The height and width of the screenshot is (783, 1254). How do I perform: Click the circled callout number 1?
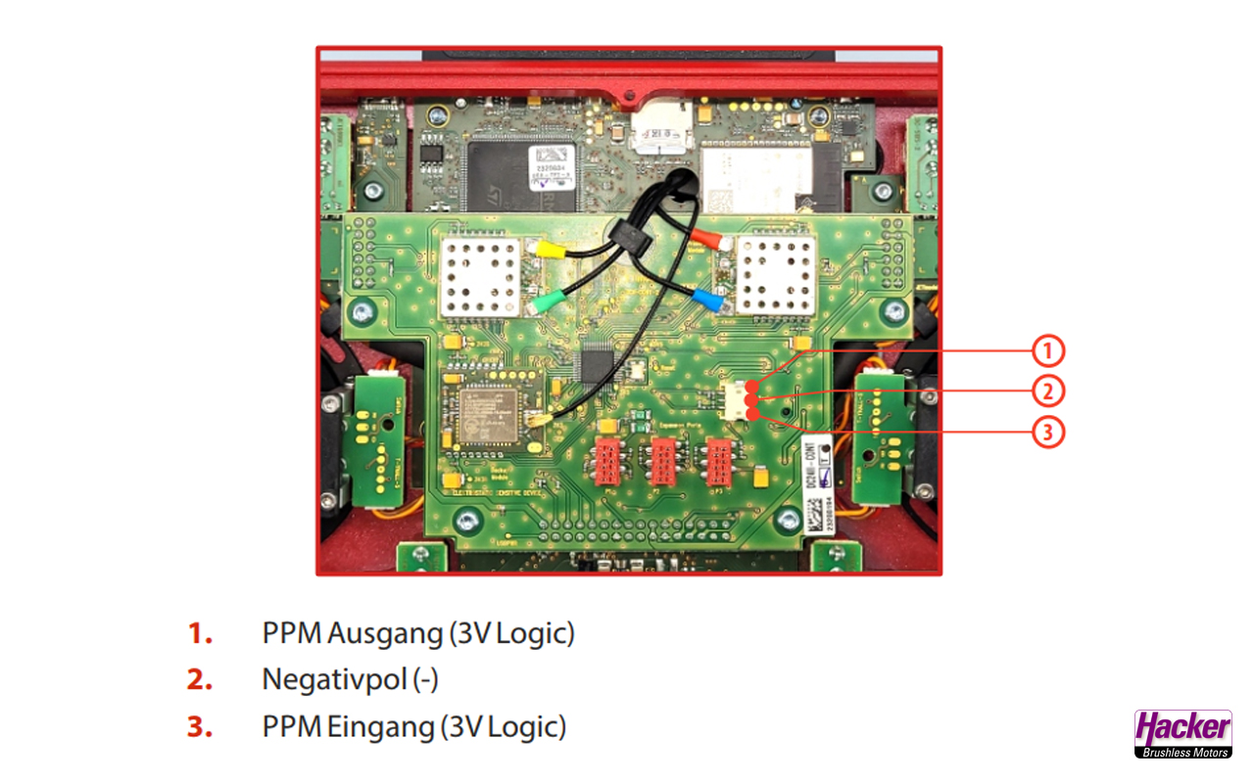point(1047,349)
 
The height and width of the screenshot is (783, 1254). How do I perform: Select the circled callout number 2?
point(1047,391)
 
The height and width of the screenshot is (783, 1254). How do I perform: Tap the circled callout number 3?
point(1047,433)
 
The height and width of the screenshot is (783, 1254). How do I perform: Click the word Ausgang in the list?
point(386,634)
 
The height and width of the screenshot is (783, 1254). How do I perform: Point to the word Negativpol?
point(333,679)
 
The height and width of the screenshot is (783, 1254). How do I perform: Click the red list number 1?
point(201,634)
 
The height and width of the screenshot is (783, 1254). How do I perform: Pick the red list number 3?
point(200,727)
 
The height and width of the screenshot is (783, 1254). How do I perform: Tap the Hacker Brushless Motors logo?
point(1182,733)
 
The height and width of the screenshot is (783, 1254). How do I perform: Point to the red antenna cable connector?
point(708,238)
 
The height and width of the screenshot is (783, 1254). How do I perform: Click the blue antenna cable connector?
point(707,299)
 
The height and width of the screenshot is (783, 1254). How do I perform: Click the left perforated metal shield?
point(480,276)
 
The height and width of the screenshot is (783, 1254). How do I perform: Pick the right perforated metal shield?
point(775,276)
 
